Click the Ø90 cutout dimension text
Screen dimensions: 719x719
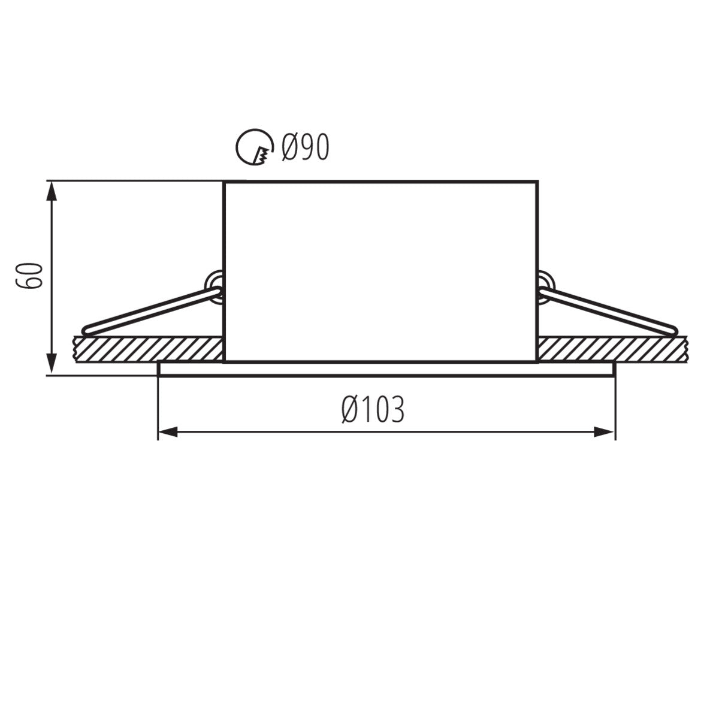click(306, 146)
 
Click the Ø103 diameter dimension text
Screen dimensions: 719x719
click(373, 410)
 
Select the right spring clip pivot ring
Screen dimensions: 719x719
click(546, 282)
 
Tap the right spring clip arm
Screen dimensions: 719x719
click(608, 309)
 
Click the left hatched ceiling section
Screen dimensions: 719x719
click(147, 349)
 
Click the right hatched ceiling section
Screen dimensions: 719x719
click(614, 349)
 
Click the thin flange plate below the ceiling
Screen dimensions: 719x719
click(386, 369)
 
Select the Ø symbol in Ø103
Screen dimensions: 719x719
click(351, 410)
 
